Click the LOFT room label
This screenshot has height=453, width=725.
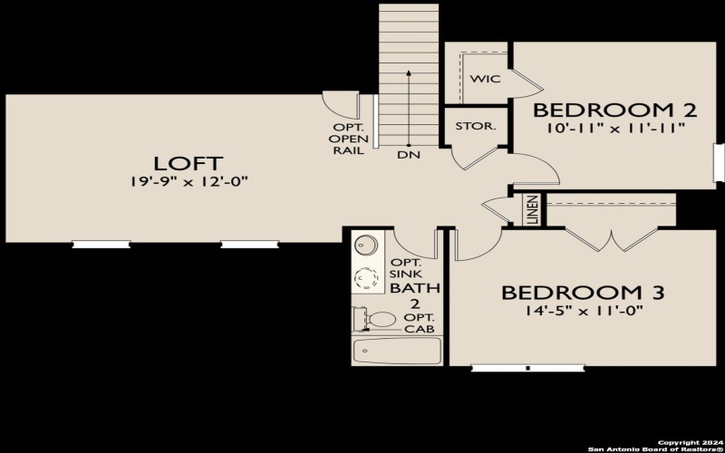(x=188, y=163)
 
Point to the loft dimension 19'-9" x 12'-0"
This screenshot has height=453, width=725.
(x=188, y=182)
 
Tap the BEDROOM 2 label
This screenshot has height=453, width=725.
(x=614, y=111)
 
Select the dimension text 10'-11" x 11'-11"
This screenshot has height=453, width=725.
(x=614, y=129)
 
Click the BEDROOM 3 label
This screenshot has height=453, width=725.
(x=583, y=293)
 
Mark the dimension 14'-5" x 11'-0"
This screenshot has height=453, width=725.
(x=583, y=311)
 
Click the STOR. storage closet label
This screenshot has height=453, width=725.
(x=475, y=126)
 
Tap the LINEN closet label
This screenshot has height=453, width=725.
(x=532, y=210)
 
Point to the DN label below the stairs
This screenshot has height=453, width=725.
(x=408, y=155)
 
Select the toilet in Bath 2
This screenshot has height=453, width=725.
(x=379, y=319)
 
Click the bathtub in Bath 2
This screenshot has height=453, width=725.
(x=396, y=351)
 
